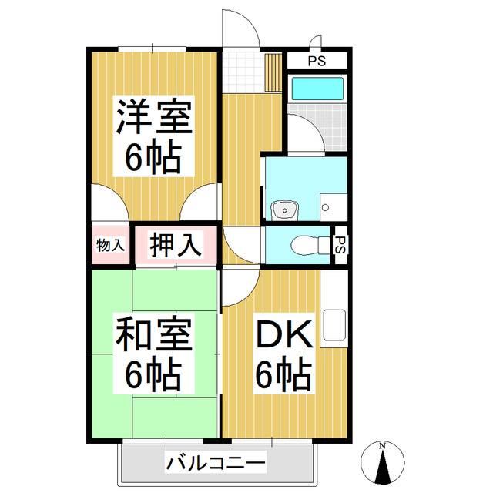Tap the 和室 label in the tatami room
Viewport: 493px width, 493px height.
(152, 337)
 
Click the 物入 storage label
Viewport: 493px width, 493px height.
(110, 246)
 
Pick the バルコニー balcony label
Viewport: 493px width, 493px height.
(215, 464)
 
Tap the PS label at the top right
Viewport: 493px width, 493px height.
(316, 60)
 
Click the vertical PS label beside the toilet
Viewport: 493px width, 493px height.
(339, 245)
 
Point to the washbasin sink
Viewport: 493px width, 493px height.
(285, 209)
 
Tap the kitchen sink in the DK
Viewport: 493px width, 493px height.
(336, 325)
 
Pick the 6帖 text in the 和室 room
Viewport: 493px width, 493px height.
(153, 375)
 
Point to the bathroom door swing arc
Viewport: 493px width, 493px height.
(306, 136)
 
